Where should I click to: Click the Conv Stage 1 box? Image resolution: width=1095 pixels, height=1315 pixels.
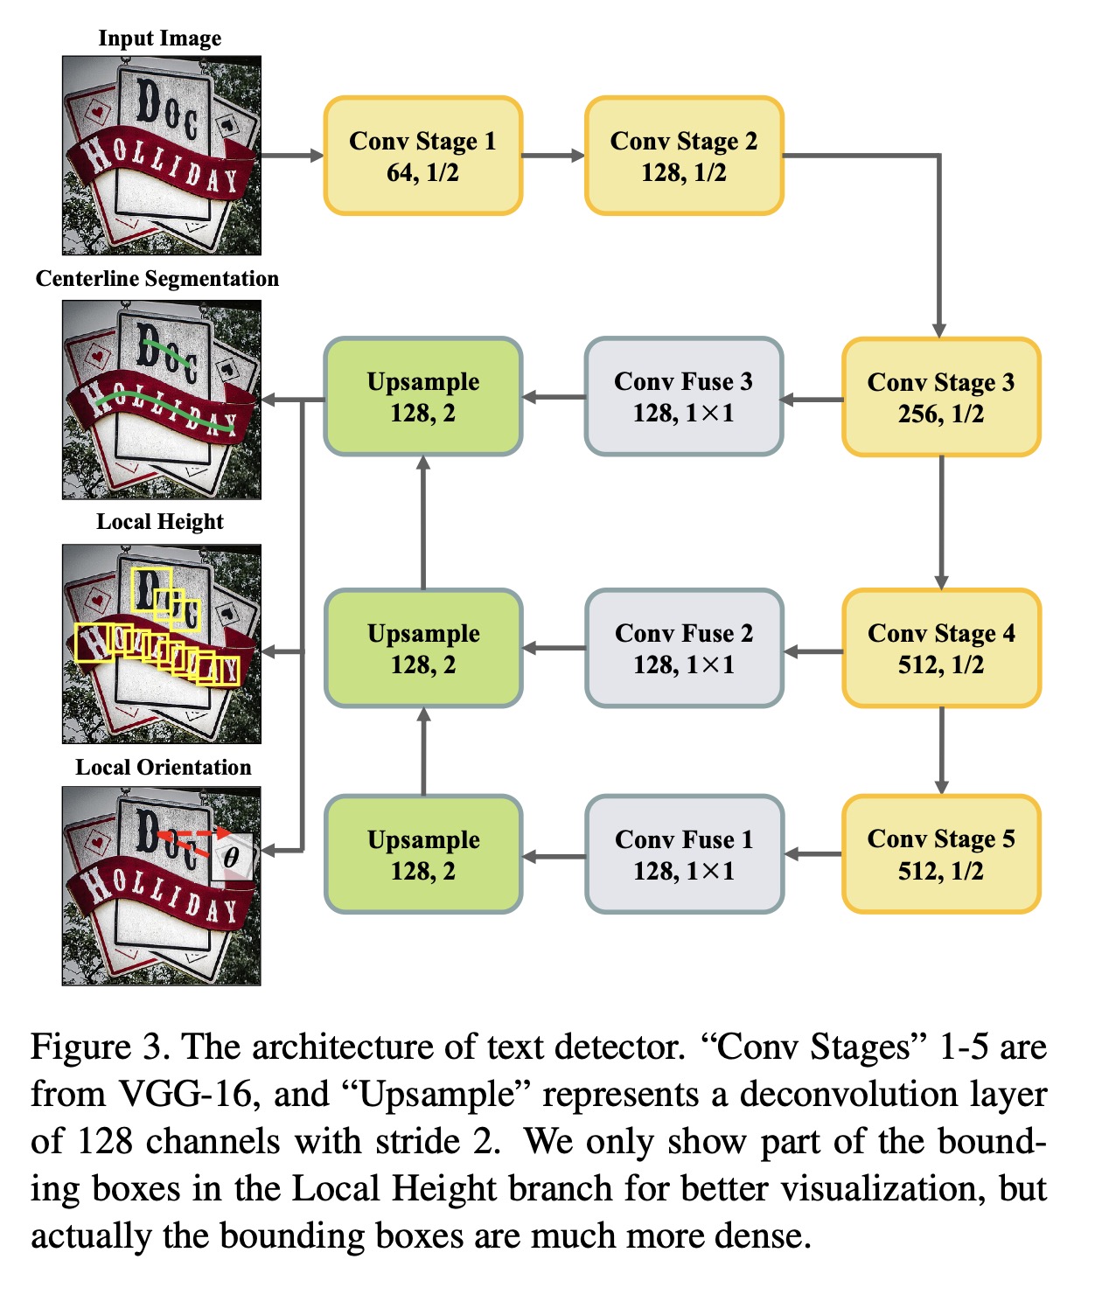(422, 156)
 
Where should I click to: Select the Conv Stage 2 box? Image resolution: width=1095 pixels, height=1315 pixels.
(683, 156)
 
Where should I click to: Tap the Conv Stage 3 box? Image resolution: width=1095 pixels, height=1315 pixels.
(941, 397)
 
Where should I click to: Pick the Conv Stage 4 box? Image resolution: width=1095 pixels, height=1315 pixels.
(941, 648)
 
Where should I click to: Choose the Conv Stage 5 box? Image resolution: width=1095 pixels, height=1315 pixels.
(941, 854)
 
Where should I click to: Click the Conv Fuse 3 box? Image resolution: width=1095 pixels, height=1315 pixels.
(683, 397)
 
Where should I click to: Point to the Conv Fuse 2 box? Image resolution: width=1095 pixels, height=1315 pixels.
(683, 648)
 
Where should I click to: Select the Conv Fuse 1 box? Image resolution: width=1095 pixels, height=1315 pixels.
(683, 854)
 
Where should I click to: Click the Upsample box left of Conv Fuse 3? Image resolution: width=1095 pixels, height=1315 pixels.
(422, 397)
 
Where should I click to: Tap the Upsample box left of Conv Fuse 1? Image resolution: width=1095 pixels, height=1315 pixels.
(422, 854)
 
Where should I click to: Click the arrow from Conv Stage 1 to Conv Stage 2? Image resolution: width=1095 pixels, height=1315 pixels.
(554, 156)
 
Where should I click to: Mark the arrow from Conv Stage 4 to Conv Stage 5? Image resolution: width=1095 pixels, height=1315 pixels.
(941, 750)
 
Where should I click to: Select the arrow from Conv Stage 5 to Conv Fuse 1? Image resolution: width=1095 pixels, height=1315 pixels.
(813, 854)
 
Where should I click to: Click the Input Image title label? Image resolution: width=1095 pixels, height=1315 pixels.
(159, 38)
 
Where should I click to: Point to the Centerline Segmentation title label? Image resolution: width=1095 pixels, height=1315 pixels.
(157, 279)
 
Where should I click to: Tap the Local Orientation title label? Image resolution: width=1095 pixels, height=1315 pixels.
(163, 768)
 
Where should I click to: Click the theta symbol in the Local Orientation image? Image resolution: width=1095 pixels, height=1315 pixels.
(231, 857)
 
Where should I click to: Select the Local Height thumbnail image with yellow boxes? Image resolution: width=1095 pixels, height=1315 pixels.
(161, 644)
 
